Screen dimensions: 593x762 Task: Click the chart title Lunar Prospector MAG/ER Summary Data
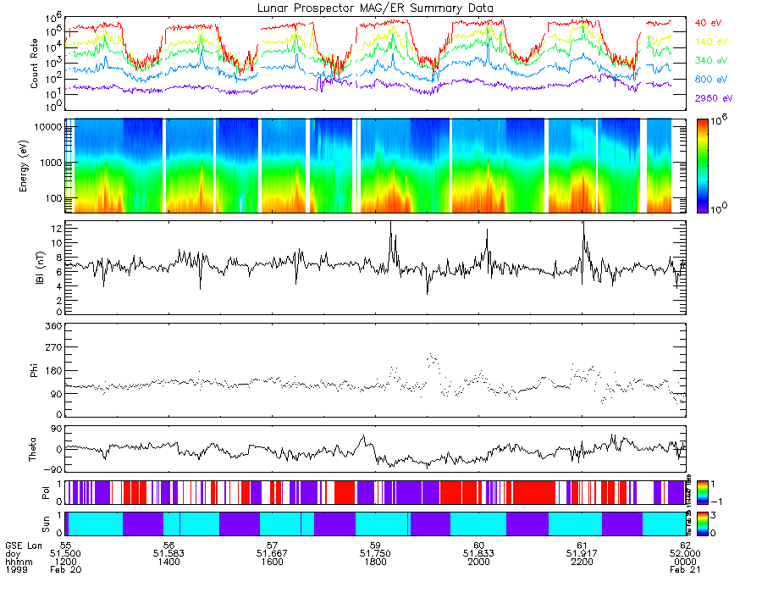(376, 8)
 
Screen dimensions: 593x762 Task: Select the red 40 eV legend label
(710, 23)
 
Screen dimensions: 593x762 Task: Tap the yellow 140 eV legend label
(711, 42)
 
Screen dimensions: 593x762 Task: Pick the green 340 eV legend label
(711, 61)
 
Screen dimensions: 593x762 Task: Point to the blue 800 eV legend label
(711, 80)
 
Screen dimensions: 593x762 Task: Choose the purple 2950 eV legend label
(714, 98)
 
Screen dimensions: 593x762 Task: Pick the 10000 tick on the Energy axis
(46, 126)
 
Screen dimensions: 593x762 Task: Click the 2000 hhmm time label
(479, 562)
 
